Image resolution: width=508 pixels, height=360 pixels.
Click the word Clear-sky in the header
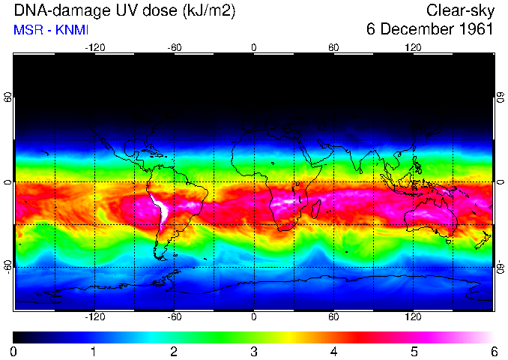(x=460, y=10)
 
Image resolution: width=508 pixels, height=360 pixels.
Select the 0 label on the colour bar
(x=13, y=351)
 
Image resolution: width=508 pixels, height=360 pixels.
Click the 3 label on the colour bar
(x=253, y=351)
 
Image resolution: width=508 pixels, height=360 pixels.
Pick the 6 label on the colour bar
(x=493, y=351)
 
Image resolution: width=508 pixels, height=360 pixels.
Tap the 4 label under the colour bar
(x=333, y=351)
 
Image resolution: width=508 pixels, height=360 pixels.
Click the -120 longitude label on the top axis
(x=94, y=47)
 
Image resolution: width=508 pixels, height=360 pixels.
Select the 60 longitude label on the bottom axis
(x=333, y=317)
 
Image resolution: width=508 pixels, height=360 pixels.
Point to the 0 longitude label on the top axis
(x=253, y=47)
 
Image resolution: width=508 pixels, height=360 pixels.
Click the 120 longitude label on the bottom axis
(x=413, y=317)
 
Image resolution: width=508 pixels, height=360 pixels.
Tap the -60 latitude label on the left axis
(x=7, y=264)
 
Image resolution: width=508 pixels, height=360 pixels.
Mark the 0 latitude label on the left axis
(x=7, y=182)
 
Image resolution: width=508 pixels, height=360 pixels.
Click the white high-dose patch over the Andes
(x=160, y=208)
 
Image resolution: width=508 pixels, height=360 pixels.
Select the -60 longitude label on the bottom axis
(x=174, y=317)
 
